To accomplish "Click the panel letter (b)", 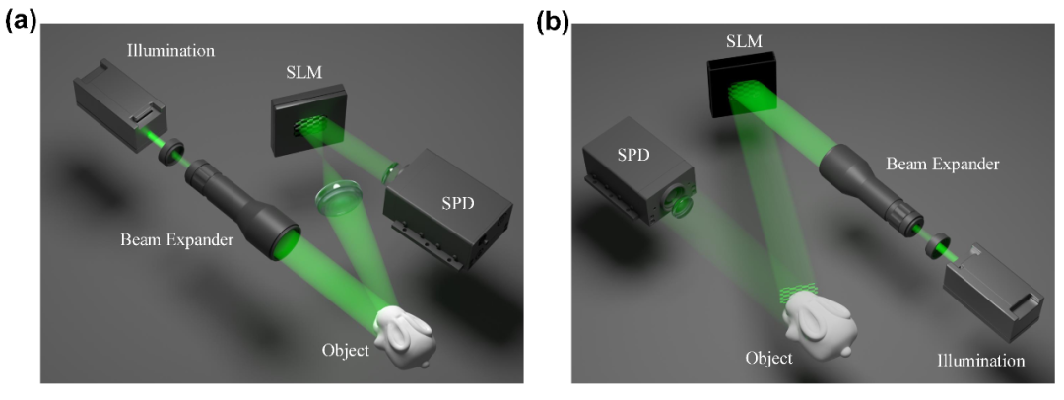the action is coord(552,20).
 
